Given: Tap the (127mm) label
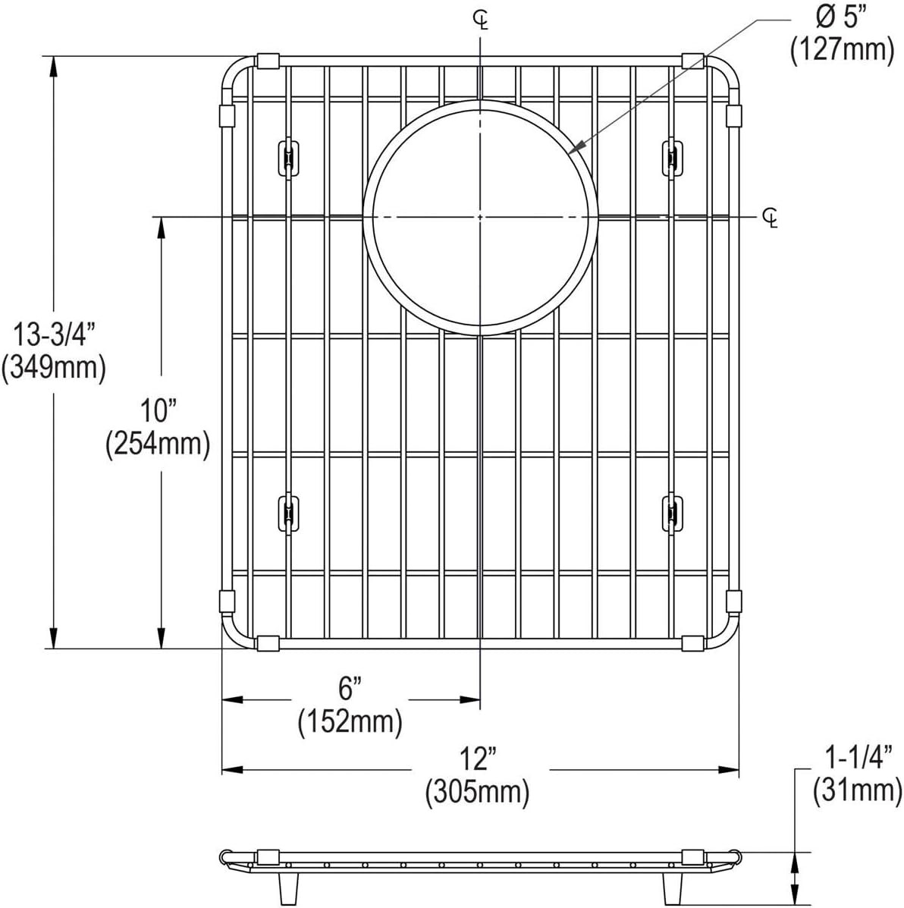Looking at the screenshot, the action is coord(842,50).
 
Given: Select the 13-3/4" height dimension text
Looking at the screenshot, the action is coord(54,335).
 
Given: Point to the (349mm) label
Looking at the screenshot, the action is coord(54,368).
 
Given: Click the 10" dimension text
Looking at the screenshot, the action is coord(158,412).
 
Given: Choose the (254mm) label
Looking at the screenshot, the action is coord(158,445).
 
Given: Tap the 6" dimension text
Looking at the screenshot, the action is coord(350,689).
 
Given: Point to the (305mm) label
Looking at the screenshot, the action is coord(478,792).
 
